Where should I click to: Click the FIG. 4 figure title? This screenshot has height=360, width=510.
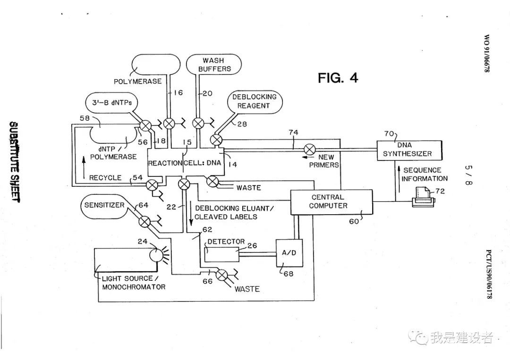(x=338, y=78)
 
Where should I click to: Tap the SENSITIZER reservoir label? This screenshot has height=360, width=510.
(x=104, y=205)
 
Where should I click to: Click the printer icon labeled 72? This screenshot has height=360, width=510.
(x=422, y=196)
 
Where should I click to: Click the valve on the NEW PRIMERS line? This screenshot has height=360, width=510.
(x=310, y=150)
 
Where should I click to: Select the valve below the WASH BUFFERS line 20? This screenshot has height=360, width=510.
(x=199, y=124)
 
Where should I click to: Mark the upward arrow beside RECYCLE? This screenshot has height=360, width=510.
(x=84, y=168)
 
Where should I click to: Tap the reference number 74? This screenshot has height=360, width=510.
(x=294, y=133)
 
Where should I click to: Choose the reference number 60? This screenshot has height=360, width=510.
(x=354, y=220)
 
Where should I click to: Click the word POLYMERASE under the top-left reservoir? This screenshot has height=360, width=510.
(x=137, y=81)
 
